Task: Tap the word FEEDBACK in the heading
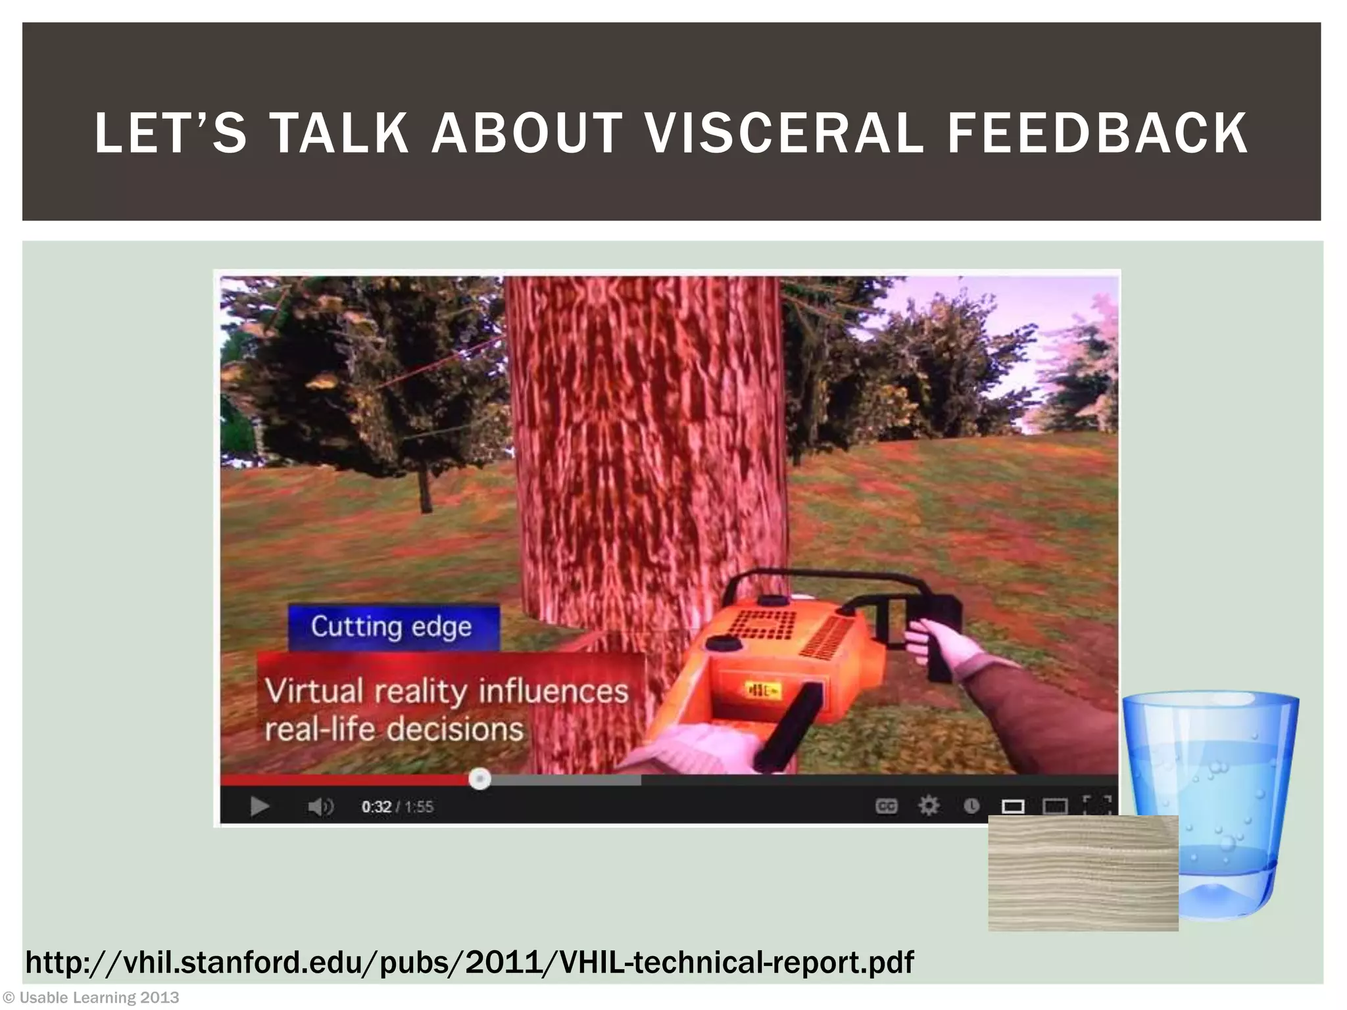click(1097, 133)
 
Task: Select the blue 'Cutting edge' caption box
click(393, 627)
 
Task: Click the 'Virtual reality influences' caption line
click(447, 691)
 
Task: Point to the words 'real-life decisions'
click(394, 729)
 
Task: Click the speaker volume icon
click(320, 806)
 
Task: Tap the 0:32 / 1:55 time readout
click(397, 807)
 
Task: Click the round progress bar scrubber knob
click(479, 779)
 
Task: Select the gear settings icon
click(928, 806)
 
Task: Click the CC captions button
click(886, 806)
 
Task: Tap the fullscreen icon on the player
click(1096, 805)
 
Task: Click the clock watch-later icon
click(971, 806)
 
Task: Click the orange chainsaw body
click(770, 664)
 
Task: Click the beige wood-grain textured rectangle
click(1083, 873)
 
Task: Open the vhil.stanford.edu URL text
click(469, 963)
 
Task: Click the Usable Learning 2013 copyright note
click(91, 998)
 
